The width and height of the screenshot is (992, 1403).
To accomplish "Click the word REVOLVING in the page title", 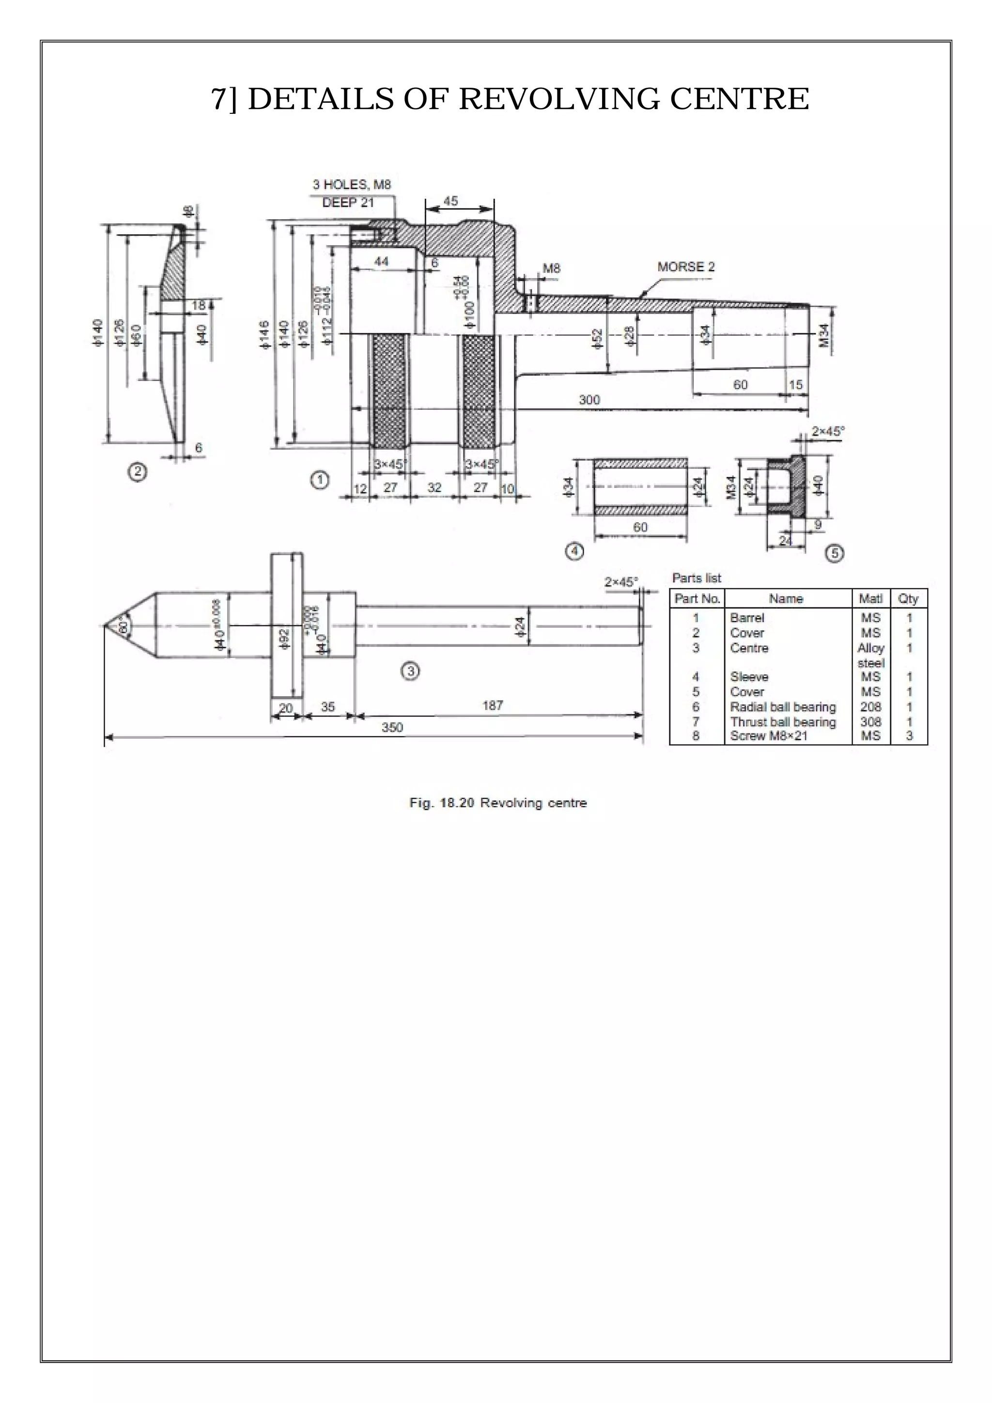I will [558, 99].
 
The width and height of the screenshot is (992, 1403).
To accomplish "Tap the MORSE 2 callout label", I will [685, 267].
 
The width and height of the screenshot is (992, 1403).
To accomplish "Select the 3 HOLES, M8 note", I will [351, 185].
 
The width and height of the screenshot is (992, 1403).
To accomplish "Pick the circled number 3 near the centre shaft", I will [410, 671].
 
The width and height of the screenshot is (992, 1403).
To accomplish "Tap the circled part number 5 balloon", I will [835, 554].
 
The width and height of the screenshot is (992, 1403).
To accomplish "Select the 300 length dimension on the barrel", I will [589, 400].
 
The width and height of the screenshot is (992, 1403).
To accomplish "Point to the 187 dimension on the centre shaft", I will [492, 706].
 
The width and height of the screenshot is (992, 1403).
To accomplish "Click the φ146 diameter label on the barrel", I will [264, 335].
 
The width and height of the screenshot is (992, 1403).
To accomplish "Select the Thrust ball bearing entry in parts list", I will [782, 722].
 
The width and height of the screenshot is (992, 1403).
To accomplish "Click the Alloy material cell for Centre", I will [870, 648].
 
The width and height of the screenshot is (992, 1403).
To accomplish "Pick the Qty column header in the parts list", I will [908, 599].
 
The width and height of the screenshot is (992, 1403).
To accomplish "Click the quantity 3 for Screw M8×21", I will [909, 736].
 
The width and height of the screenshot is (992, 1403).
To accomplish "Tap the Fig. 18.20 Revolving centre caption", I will [498, 803].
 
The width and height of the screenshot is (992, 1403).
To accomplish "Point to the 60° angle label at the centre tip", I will [124, 627].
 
